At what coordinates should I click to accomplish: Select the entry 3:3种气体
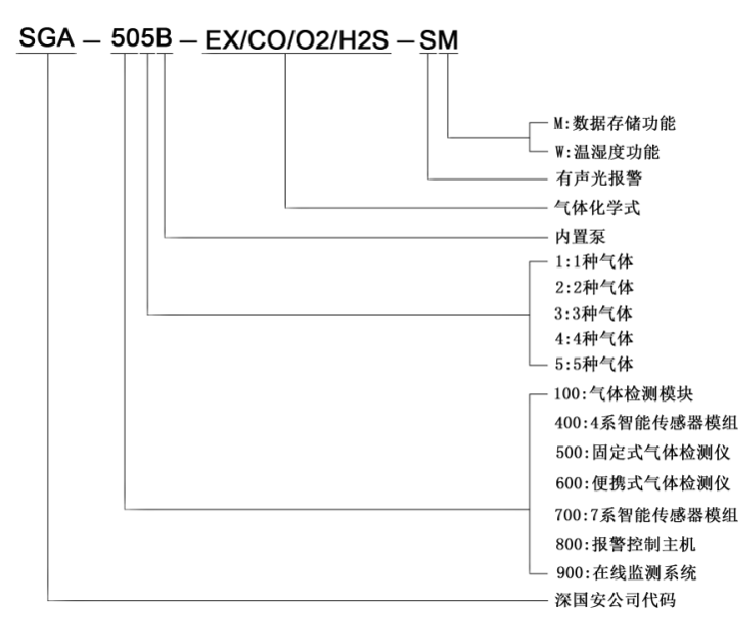tap(588, 313)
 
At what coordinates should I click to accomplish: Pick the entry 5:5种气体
tap(588, 360)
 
